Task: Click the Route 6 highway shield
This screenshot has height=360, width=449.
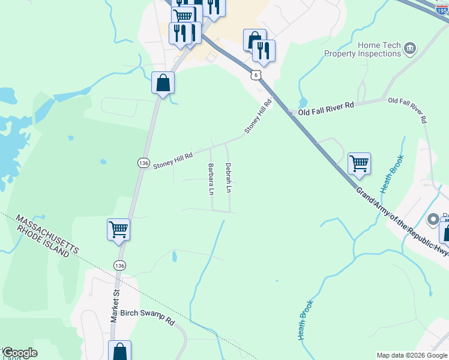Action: [256, 74]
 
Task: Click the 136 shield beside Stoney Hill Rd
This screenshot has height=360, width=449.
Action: [143, 163]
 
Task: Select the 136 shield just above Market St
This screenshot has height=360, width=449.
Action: [119, 265]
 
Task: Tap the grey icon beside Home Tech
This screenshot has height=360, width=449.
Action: [411, 48]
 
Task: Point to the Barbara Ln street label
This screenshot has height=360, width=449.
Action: [211, 179]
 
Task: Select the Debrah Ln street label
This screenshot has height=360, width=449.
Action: [228, 178]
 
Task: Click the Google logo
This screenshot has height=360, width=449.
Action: [20, 352]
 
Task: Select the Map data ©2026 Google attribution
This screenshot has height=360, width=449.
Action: [412, 355]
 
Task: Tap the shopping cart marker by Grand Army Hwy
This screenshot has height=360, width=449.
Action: [359, 163]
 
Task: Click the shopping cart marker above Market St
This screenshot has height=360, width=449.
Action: [119, 229]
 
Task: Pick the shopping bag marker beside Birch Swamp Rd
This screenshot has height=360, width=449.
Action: [120, 352]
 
